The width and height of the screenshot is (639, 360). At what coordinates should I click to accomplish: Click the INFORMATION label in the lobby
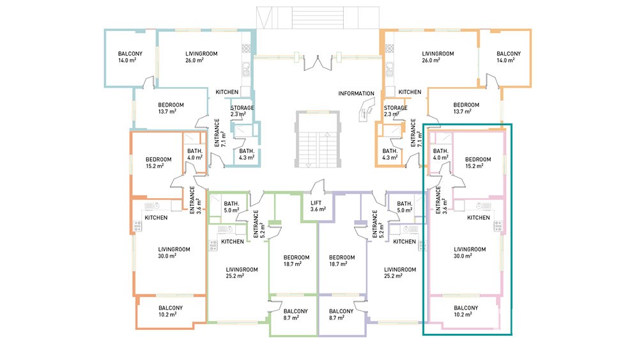pos(356,93)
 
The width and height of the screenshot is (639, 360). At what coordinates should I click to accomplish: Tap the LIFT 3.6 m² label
pos(318,206)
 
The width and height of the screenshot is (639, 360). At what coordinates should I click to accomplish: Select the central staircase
pos(318,139)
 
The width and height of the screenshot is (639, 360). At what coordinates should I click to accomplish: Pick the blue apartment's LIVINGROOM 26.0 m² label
pos(201,57)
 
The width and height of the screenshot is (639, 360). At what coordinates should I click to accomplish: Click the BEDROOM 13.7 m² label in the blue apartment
pos(171,108)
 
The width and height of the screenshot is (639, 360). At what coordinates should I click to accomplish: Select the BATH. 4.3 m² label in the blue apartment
pos(247,154)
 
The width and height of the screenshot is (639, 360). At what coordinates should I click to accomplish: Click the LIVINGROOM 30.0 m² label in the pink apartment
pos(470,253)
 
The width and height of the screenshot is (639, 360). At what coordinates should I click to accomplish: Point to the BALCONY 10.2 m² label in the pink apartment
pos(466,311)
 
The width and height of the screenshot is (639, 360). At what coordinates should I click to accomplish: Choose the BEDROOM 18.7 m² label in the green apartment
pos(296,260)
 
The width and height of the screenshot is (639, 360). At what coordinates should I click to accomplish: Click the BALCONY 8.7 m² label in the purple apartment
pos(341,315)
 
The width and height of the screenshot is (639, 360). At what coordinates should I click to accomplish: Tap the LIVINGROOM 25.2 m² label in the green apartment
pos(242,273)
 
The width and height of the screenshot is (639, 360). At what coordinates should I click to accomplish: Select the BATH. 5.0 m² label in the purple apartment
pos(404,207)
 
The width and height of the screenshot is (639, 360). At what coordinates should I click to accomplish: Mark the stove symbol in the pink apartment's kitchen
pos(498,226)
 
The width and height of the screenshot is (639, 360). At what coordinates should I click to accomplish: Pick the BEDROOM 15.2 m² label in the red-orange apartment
pos(158,162)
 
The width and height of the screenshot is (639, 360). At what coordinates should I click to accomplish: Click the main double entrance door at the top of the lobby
pos(318,63)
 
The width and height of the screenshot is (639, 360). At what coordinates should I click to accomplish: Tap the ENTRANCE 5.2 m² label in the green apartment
pos(259,224)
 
